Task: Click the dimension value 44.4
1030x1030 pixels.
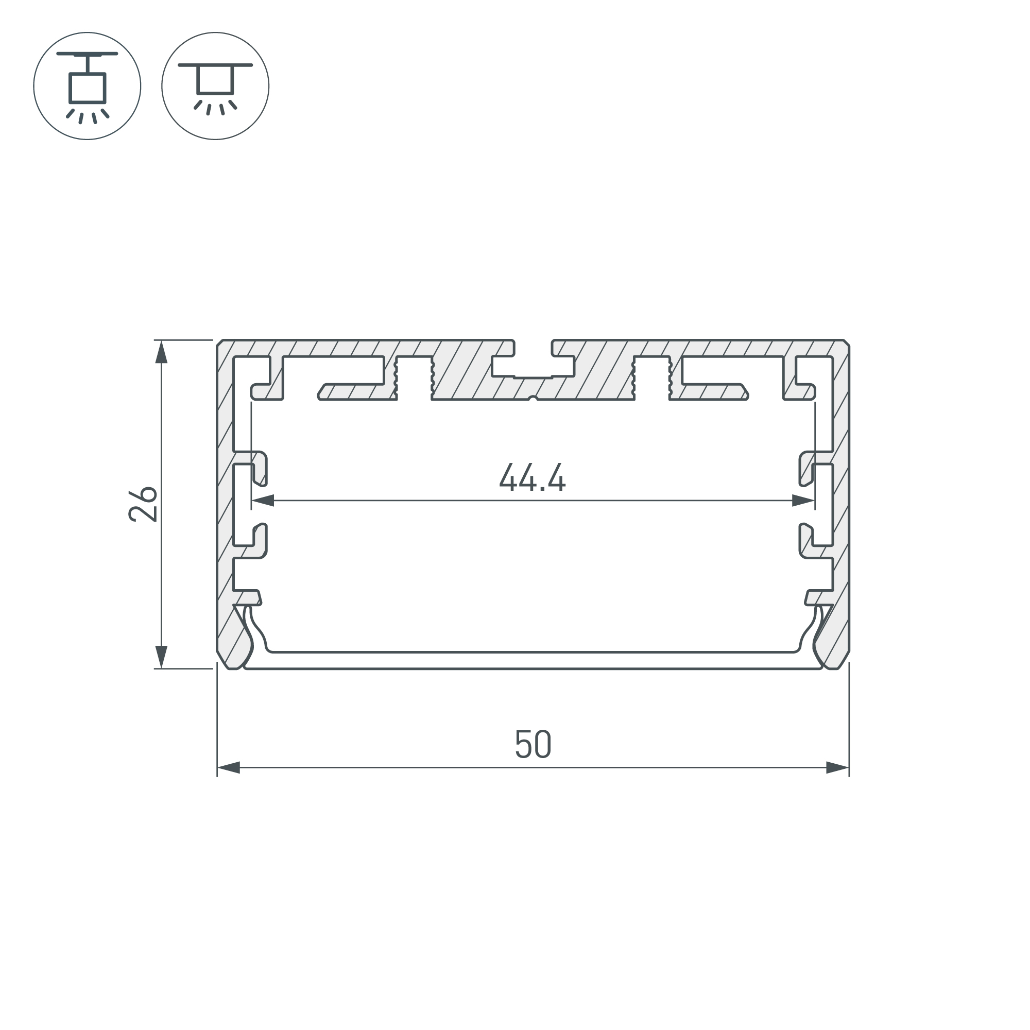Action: coord(532,477)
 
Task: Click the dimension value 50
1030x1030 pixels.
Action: coord(533,744)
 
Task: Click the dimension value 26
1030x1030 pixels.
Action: coord(143,504)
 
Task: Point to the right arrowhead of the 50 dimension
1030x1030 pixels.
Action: coord(837,768)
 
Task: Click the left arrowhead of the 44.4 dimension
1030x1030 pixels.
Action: coord(263,501)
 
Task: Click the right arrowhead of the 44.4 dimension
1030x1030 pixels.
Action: coord(803,501)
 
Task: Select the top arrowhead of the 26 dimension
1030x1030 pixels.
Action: coord(161,352)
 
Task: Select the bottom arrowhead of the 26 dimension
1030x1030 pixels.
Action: coord(161,656)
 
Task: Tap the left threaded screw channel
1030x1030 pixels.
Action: coord(414,377)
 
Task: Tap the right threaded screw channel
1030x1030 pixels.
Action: coord(651,377)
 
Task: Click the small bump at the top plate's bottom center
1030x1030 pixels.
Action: coord(532,397)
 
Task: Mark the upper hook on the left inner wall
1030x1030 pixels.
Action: coord(260,469)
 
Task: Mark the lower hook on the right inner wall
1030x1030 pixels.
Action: coord(806,541)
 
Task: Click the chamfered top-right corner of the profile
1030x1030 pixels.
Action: coord(846,343)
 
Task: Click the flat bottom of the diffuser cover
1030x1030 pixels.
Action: coord(533,660)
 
